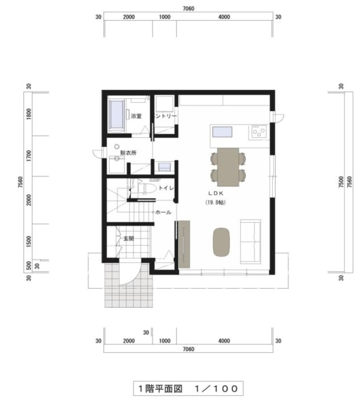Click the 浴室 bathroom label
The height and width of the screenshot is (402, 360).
tap(136, 116)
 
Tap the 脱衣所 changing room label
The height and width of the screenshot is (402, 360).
tap(128, 153)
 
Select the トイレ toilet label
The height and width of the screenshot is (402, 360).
tap(166, 188)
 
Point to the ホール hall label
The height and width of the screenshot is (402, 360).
tap(163, 212)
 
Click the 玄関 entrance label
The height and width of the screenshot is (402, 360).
tap(129, 239)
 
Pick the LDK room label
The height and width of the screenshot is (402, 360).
tap(216, 193)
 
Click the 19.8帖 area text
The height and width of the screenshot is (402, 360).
tap(216, 202)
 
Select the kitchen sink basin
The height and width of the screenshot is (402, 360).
tap(222, 132)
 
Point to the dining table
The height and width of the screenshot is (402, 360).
tap(228, 167)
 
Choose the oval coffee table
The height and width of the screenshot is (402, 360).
tap(221, 242)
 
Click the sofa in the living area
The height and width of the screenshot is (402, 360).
tap(250, 242)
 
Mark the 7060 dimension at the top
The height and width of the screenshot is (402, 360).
tap(188, 9)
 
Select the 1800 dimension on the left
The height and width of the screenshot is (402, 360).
tap(29, 113)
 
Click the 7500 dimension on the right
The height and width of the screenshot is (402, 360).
tap(341, 182)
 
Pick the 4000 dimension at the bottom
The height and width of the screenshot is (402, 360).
tap(224, 341)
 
